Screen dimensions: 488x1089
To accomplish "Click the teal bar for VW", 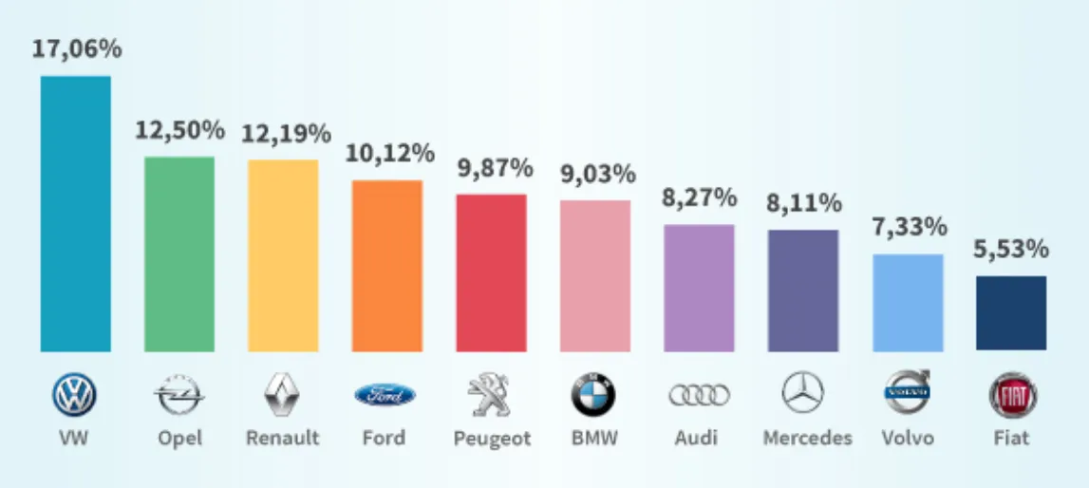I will pos(75,214).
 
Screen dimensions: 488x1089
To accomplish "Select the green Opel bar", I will pos(179,253).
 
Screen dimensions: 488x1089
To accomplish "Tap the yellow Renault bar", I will pos(283,255).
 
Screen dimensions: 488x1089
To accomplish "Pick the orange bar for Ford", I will pos(387,266).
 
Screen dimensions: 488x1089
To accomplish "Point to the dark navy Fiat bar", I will pos(1011,312).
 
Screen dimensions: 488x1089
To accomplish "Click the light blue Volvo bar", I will pos(908,302).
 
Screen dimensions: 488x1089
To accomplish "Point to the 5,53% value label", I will pos(1011,250).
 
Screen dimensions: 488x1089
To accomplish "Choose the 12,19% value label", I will pos(285,133).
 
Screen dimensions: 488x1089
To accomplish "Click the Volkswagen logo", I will pos(75,395).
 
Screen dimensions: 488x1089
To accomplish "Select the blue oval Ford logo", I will pos(385,395).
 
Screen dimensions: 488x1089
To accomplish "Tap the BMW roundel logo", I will pos(593,395).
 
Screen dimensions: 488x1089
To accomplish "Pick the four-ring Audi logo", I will pos(699,395).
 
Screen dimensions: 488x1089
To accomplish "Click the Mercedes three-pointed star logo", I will pos(803,393).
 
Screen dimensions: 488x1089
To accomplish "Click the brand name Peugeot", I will pos(491,439).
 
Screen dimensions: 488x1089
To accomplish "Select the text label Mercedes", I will pos(807,438).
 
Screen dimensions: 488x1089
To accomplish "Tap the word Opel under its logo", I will pos(179,439).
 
